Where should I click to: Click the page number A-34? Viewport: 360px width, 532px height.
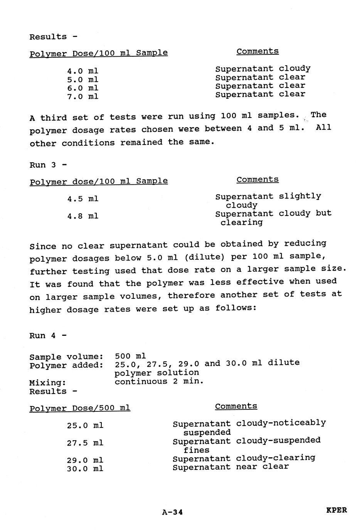click(172, 512)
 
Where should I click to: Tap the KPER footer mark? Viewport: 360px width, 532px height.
click(336, 510)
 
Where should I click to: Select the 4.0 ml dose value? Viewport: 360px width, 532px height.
click(82, 71)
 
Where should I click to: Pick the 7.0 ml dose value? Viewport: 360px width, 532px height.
click(82, 96)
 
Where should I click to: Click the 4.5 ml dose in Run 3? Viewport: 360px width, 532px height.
click(82, 199)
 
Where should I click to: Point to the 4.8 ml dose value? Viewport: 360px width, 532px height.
click(82, 216)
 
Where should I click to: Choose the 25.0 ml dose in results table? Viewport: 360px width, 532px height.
click(85, 426)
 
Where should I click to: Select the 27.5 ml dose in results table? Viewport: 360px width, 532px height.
click(85, 443)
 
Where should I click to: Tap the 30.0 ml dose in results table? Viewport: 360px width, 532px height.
click(85, 469)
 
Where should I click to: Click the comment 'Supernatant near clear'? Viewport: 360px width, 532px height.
click(230, 467)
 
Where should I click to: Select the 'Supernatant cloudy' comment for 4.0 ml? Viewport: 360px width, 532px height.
click(262, 69)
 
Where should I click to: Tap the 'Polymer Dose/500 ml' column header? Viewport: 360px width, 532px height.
click(80, 408)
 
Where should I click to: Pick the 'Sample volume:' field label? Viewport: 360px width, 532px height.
click(66, 357)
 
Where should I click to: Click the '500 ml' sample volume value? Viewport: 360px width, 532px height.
click(130, 356)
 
